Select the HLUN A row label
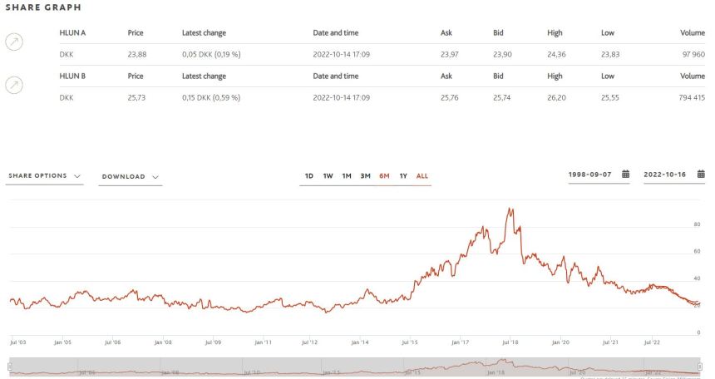point(73,32)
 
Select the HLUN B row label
point(73,76)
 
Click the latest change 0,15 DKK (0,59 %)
point(211,97)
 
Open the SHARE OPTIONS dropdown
point(44,176)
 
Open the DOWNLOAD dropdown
point(130,176)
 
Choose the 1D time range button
point(309,175)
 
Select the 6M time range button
point(384,175)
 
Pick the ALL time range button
point(422,175)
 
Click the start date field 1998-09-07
point(590,175)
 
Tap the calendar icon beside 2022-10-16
point(701,175)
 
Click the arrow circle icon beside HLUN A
point(14,42)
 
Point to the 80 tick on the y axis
point(697,224)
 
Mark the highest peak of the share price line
point(510,209)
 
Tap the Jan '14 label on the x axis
point(360,342)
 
